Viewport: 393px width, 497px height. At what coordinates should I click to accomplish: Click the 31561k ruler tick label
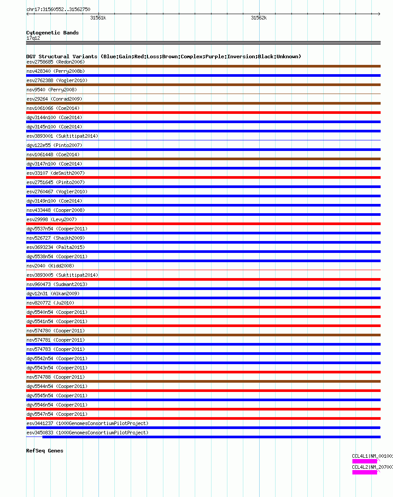[98, 18]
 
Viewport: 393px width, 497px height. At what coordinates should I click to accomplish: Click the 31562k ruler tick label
[259, 18]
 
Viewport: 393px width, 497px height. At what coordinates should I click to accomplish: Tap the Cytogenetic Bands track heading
[52, 33]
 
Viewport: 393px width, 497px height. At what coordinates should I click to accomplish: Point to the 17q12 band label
[33, 38]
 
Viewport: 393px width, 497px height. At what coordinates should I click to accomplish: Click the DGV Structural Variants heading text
[163, 56]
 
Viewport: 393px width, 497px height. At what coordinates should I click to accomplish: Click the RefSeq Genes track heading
[45, 451]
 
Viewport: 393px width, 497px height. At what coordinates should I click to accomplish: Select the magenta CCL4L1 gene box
[364, 461]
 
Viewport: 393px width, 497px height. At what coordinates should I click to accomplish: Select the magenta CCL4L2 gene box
[364, 472]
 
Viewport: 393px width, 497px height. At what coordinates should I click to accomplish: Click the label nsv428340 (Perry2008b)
[56, 71]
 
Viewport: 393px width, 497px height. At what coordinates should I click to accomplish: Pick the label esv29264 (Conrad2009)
[54, 99]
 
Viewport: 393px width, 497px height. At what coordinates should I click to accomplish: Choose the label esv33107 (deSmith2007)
[56, 173]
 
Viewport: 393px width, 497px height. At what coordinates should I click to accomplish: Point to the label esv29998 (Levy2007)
[52, 219]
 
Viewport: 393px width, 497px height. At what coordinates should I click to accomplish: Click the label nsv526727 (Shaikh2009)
[56, 238]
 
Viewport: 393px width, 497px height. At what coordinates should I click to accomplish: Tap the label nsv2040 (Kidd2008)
[50, 266]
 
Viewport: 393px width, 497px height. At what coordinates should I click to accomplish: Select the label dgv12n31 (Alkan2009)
[53, 294]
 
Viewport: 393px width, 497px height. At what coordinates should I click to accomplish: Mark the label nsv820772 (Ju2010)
[50, 303]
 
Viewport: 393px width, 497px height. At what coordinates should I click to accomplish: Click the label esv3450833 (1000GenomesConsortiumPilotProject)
[87, 433]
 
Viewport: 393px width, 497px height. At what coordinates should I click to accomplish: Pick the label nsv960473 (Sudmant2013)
[57, 284]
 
